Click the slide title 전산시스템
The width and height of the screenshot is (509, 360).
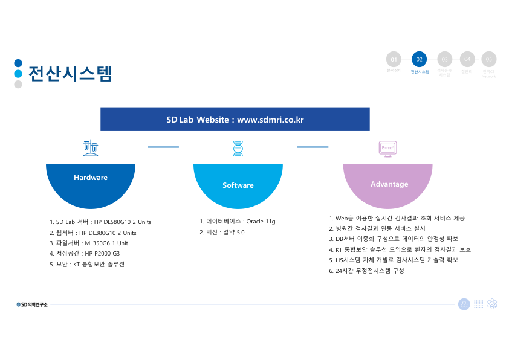click(70, 73)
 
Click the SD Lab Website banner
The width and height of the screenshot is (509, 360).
click(235, 120)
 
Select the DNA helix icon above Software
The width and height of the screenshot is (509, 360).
click(238, 148)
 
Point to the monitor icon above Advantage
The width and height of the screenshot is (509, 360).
click(387, 149)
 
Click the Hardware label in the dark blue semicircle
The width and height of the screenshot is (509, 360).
click(91, 178)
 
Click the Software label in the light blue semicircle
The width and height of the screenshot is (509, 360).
click(238, 185)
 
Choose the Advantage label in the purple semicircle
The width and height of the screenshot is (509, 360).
click(389, 184)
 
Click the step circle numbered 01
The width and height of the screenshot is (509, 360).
click(394, 59)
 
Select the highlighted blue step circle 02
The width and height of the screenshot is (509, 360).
click(419, 59)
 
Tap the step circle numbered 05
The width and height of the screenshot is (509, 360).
click(488, 59)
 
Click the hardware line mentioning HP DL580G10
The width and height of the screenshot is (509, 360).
click(100, 222)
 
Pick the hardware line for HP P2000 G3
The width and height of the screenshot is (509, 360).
click(85, 254)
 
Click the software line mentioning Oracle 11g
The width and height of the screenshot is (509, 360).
click(237, 222)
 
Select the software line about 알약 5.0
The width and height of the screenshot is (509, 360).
click(222, 232)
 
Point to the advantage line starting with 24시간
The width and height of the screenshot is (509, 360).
click(366, 271)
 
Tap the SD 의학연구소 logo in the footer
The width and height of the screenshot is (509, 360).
click(32, 304)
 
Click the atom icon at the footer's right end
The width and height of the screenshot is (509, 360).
click(492, 304)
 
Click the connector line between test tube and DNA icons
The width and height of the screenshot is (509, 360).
click(163, 147)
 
